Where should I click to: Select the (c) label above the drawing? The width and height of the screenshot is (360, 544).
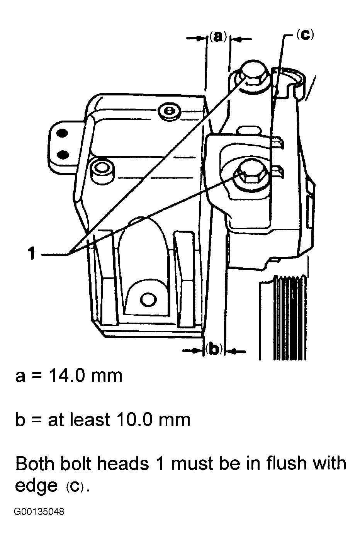(x=305, y=34)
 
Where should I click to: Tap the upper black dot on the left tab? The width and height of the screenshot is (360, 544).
(x=61, y=134)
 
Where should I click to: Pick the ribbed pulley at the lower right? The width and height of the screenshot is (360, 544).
(x=289, y=317)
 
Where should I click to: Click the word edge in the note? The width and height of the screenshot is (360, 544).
(x=36, y=486)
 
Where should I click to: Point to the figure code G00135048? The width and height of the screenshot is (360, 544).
(x=39, y=512)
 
